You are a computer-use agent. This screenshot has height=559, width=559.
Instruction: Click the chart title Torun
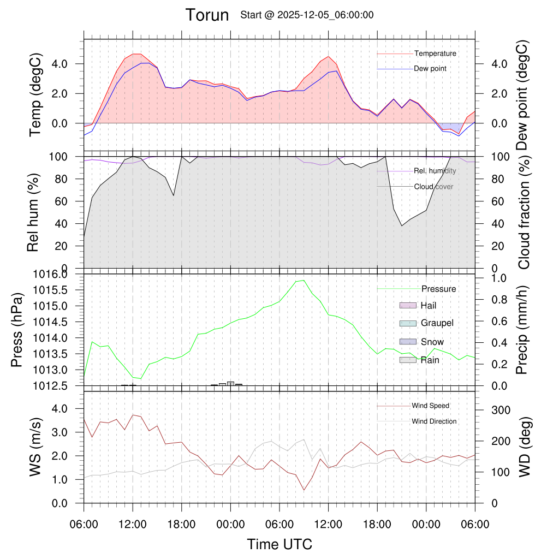207,15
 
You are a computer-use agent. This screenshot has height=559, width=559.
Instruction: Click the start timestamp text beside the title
307,15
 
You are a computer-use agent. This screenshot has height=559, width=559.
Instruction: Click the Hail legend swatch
408,305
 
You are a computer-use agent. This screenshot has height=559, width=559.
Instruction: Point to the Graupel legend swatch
408,323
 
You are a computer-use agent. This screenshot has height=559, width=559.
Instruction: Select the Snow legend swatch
408,342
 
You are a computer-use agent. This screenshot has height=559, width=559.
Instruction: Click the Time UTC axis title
279,544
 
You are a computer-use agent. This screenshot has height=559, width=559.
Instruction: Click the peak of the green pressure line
303,280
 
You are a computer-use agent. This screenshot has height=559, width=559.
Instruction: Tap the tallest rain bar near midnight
230,384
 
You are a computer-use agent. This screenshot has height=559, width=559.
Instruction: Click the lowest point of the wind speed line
304,490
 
